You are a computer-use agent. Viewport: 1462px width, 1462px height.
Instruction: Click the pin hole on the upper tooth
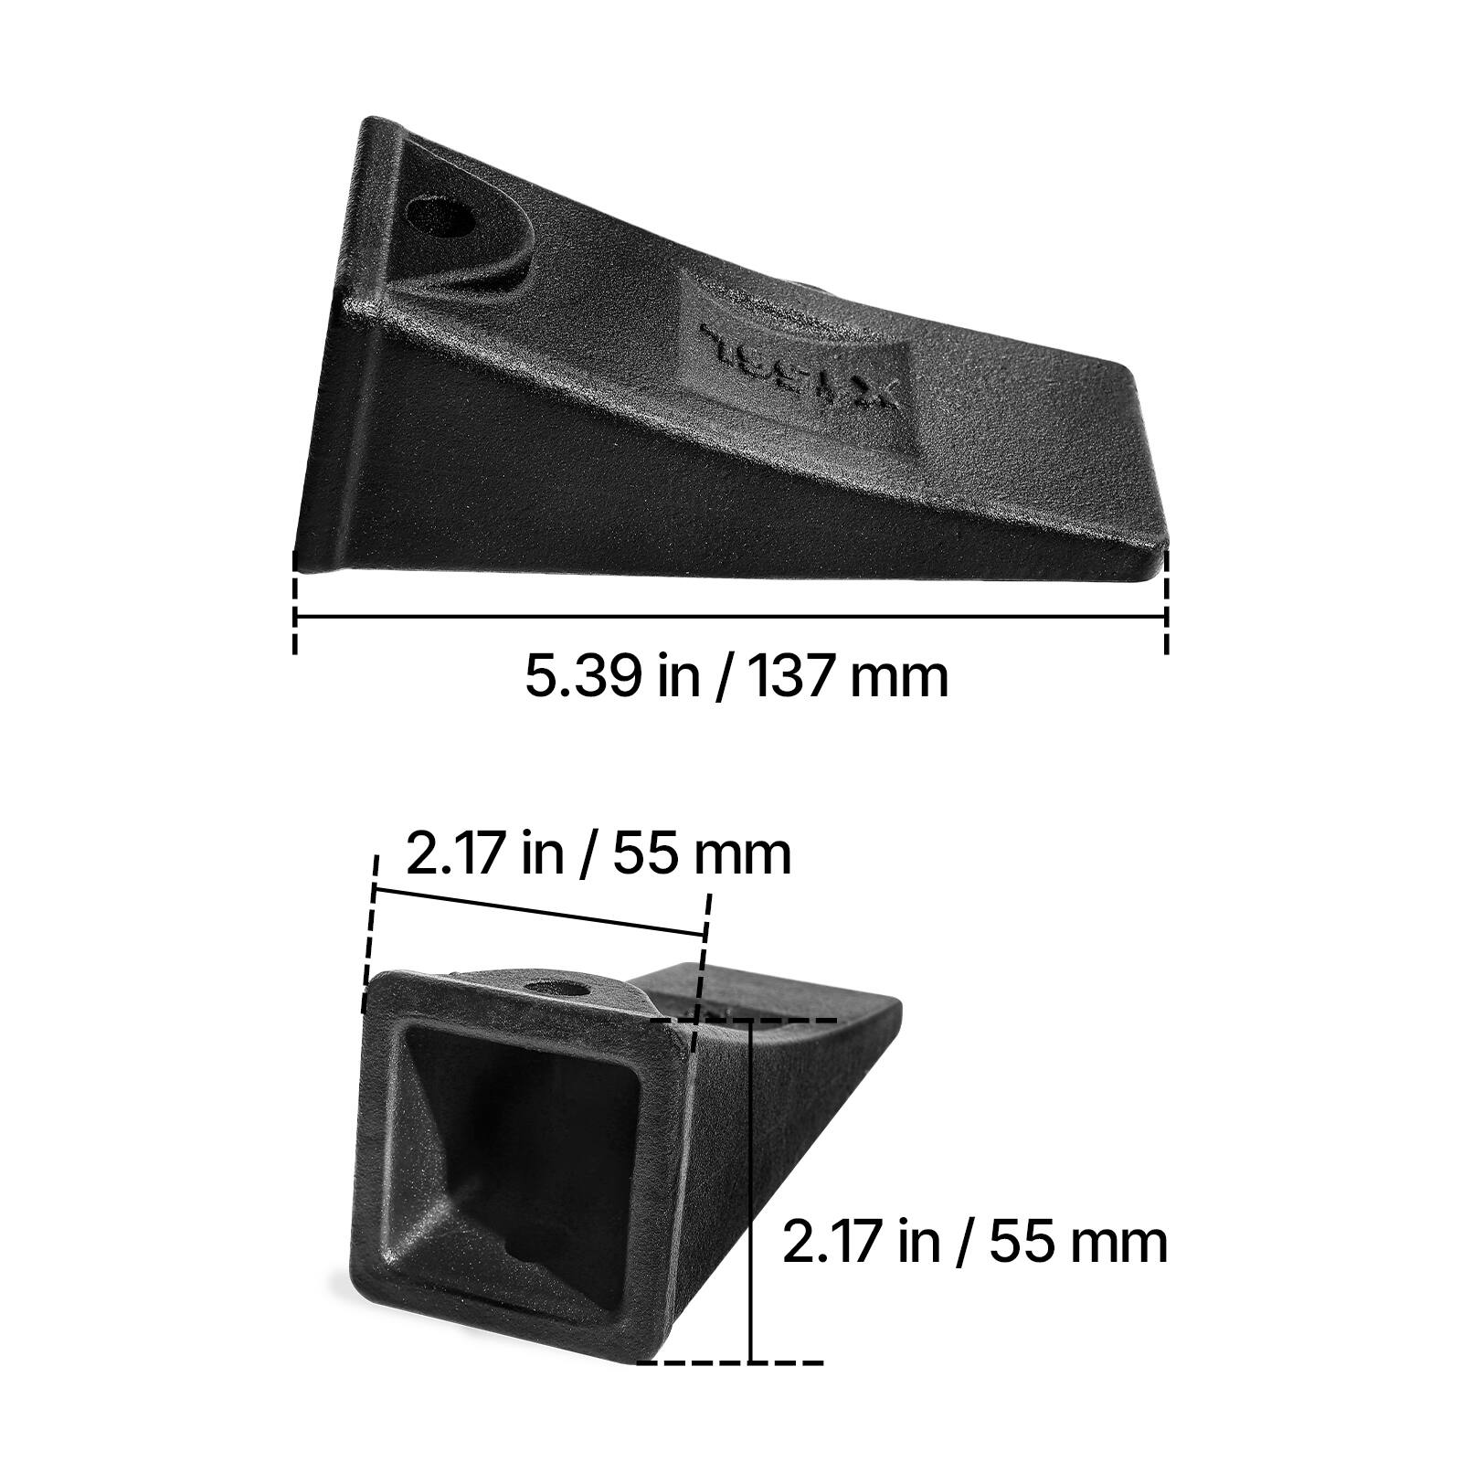tap(440, 216)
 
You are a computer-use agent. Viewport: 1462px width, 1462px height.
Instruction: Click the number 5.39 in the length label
tap(578, 677)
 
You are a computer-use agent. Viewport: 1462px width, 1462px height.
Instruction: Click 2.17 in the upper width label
tap(456, 854)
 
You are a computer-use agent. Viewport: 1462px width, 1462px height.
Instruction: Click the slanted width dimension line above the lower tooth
tap(539, 911)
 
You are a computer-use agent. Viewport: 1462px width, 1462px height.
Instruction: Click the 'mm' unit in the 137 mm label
tap(899, 677)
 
